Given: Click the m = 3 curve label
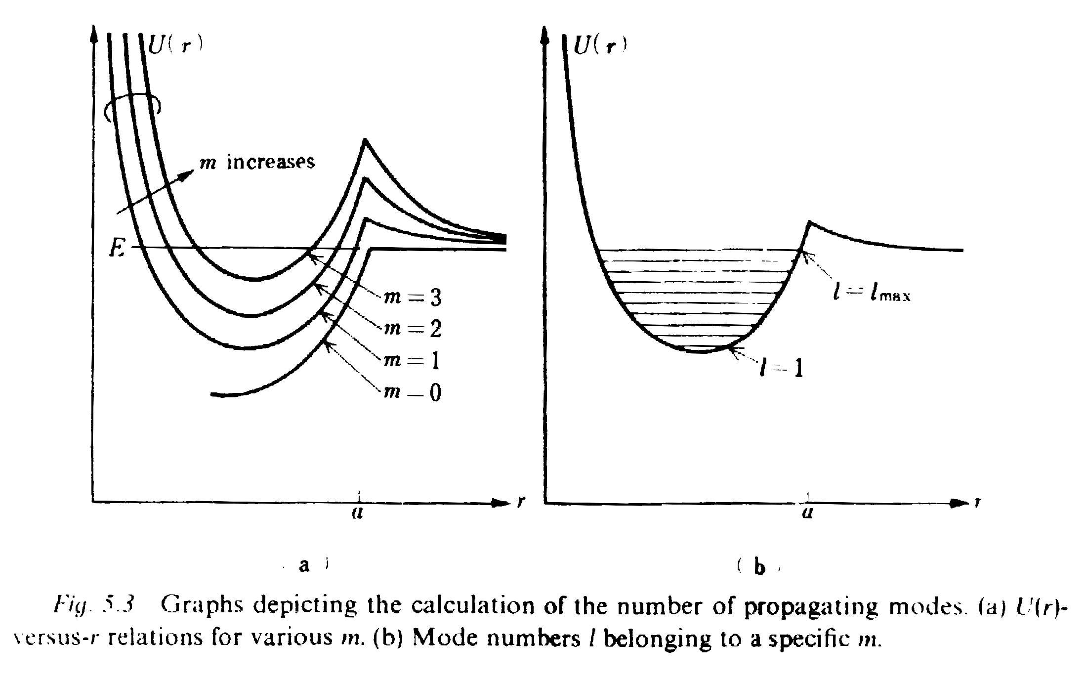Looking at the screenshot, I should pos(413,298).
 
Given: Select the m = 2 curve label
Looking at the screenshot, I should pos(413,329).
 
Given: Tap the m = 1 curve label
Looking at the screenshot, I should pos(413,361).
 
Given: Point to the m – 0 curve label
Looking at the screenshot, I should pos(413,393).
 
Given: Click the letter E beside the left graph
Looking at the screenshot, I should pos(117,248).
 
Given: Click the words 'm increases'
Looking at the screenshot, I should pos(257,162).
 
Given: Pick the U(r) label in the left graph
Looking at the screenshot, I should pos(176,46).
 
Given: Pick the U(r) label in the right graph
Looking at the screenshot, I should pos(600,46).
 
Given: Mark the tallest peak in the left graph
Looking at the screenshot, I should pos(365,140).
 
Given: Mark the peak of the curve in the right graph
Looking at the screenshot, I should pos(810,222).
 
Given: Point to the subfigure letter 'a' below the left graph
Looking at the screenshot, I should pos(304,565).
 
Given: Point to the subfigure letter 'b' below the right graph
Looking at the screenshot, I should pos(759,567).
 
